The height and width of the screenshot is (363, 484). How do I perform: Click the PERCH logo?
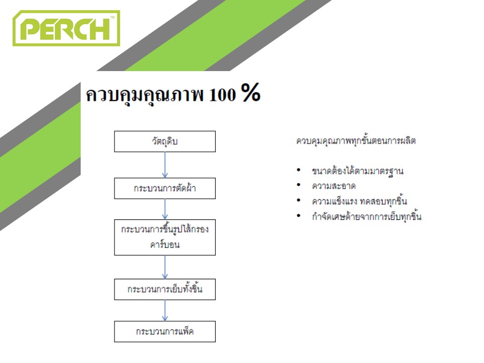[66, 28]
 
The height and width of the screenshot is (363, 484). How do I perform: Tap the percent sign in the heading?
[251, 92]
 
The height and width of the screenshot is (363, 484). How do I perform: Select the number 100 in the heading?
[222, 94]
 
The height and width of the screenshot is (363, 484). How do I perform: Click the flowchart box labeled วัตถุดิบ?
[165, 141]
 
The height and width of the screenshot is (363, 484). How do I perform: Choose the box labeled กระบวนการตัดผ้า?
[165, 188]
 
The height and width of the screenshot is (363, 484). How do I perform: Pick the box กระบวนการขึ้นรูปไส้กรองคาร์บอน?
[165, 237]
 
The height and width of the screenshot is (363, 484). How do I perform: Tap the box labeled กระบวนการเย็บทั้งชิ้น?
[165, 289]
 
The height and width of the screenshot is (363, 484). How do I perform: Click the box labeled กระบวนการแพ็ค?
[165, 332]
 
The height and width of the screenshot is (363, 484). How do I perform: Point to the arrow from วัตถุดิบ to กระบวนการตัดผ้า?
[165, 165]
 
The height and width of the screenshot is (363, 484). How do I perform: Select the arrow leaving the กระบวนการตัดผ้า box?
[165, 209]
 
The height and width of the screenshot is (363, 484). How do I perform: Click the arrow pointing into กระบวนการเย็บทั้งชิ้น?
[165, 267]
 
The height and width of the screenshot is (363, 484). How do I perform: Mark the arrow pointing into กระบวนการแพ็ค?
[165, 311]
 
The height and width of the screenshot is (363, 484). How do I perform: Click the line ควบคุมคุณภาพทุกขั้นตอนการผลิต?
[356, 141]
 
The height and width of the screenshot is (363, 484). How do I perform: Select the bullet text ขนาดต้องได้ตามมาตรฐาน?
[358, 171]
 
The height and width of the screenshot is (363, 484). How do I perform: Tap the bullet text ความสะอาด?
[334, 186]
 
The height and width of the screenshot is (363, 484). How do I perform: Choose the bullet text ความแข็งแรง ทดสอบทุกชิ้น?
[359, 201]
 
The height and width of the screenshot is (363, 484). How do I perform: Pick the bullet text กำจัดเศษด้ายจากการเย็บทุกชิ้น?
[367, 216]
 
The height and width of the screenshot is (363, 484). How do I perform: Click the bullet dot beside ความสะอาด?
[298, 185]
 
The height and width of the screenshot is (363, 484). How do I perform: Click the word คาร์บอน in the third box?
[165, 244]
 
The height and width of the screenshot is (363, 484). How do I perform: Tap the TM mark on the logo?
[112, 17]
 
